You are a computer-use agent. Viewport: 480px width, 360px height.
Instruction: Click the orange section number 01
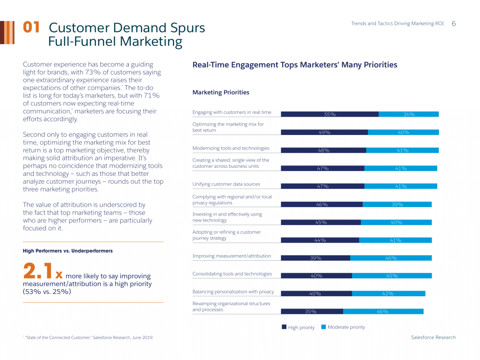click(x=31, y=28)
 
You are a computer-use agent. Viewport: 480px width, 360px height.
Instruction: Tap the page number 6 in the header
click(x=454, y=23)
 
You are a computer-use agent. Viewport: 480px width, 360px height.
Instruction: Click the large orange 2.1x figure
click(x=43, y=272)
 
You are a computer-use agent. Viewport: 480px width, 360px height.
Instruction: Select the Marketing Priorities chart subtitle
click(x=221, y=92)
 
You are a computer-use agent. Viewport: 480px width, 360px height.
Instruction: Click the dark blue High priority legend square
click(x=284, y=327)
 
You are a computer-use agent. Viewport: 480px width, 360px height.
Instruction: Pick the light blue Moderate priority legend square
click(x=323, y=327)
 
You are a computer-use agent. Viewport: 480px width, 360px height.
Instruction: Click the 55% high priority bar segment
click(x=330, y=114)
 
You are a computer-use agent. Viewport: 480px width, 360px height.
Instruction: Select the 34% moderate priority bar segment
click(x=408, y=114)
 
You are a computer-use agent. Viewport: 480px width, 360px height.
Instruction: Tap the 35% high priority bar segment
click(x=312, y=311)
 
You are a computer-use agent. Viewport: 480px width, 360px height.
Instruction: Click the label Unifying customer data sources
click(x=226, y=184)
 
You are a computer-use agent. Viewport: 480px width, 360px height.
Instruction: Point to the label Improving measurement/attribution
click(x=232, y=256)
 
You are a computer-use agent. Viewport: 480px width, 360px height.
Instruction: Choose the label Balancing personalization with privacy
click(x=233, y=292)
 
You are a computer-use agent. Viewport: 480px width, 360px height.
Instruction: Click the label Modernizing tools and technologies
click(x=231, y=148)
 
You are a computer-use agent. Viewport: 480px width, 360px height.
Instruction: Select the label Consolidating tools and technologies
click(x=232, y=274)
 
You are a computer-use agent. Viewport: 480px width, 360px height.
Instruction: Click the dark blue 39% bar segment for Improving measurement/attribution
click(x=315, y=258)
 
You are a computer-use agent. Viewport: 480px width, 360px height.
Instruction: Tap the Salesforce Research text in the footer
click(x=433, y=337)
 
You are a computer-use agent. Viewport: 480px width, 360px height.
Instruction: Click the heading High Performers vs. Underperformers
click(x=67, y=251)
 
